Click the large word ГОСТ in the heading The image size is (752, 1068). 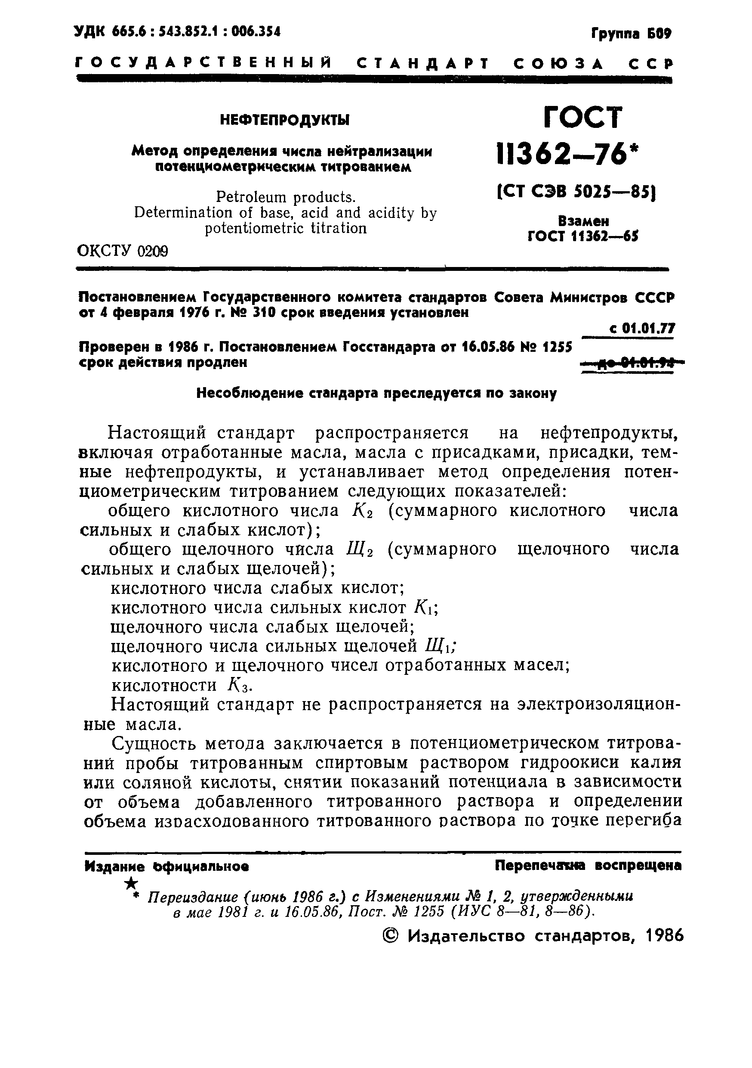coord(582,118)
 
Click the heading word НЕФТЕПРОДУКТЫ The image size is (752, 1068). coord(284,121)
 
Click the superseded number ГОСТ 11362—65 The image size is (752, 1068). coord(583,236)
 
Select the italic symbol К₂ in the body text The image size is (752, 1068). coord(360,512)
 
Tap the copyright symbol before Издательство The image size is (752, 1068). coord(391,936)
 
